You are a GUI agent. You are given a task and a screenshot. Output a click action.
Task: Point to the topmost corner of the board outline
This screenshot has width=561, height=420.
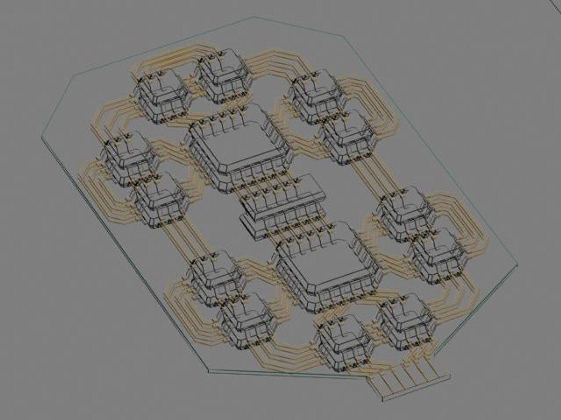254,17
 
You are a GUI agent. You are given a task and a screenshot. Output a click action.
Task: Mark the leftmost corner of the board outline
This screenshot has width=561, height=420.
42,137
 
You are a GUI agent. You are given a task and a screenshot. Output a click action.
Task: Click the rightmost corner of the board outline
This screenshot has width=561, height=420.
518,264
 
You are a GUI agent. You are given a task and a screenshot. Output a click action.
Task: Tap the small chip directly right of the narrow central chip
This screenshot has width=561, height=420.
405,214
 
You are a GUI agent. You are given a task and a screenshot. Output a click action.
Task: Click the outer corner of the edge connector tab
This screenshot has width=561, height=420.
384,401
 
